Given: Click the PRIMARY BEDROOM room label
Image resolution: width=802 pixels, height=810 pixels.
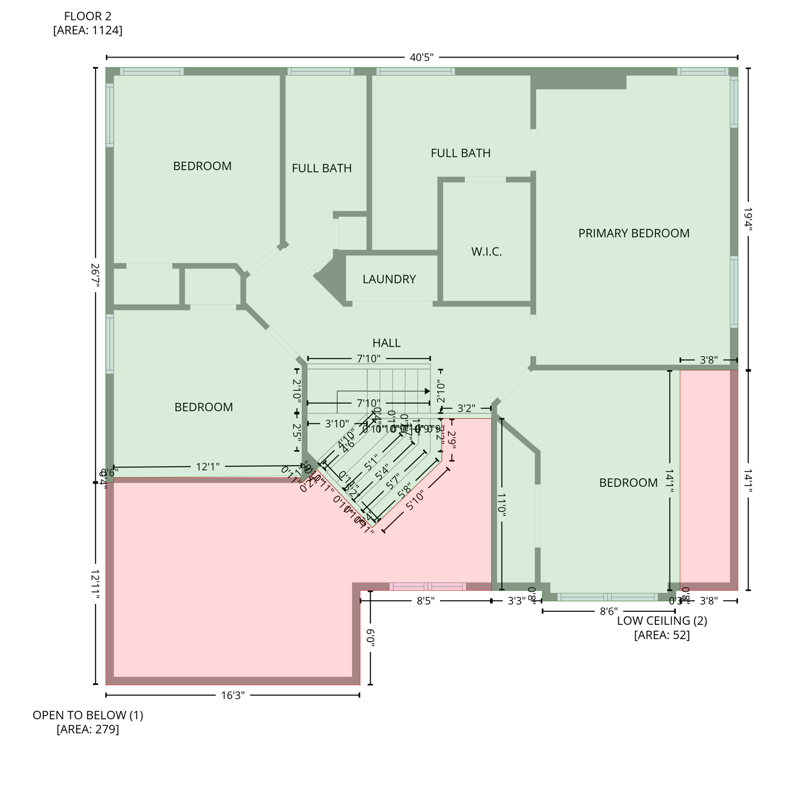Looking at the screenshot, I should (633, 233).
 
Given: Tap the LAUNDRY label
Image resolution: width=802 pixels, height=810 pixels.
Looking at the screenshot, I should (389, 279).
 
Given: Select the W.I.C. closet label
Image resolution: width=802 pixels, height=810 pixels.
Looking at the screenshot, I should (486, 252).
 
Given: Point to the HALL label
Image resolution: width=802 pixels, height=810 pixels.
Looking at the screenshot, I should (386, 343).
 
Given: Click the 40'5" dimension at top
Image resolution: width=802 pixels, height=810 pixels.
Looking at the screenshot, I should (421, 57).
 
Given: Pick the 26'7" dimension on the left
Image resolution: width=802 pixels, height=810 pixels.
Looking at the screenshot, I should (96, 275).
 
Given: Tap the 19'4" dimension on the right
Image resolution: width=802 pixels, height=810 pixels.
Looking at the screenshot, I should (748, 219).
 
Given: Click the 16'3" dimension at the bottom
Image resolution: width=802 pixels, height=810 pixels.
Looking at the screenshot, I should (233, 695).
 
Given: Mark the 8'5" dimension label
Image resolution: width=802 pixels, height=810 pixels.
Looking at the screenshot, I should (425, 601).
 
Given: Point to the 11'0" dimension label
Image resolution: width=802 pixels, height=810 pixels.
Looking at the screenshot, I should (501, 505).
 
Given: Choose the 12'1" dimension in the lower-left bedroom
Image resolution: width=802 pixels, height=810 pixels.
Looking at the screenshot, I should (207, 467).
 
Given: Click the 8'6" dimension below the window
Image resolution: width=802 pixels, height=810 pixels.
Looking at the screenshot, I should (608, 611).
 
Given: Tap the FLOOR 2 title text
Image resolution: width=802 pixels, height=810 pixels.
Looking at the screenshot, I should (88, 16).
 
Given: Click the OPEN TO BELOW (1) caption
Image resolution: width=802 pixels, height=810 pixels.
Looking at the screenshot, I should (88, 715).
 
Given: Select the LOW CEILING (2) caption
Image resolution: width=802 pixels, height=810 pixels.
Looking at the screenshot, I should (662, 621).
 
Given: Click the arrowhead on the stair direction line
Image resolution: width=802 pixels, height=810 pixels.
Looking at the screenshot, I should (427, 391).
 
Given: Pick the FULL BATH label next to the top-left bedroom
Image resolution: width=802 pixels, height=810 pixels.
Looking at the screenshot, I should (321, 168).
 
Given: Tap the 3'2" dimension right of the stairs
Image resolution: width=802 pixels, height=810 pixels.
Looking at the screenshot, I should (466, 408).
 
